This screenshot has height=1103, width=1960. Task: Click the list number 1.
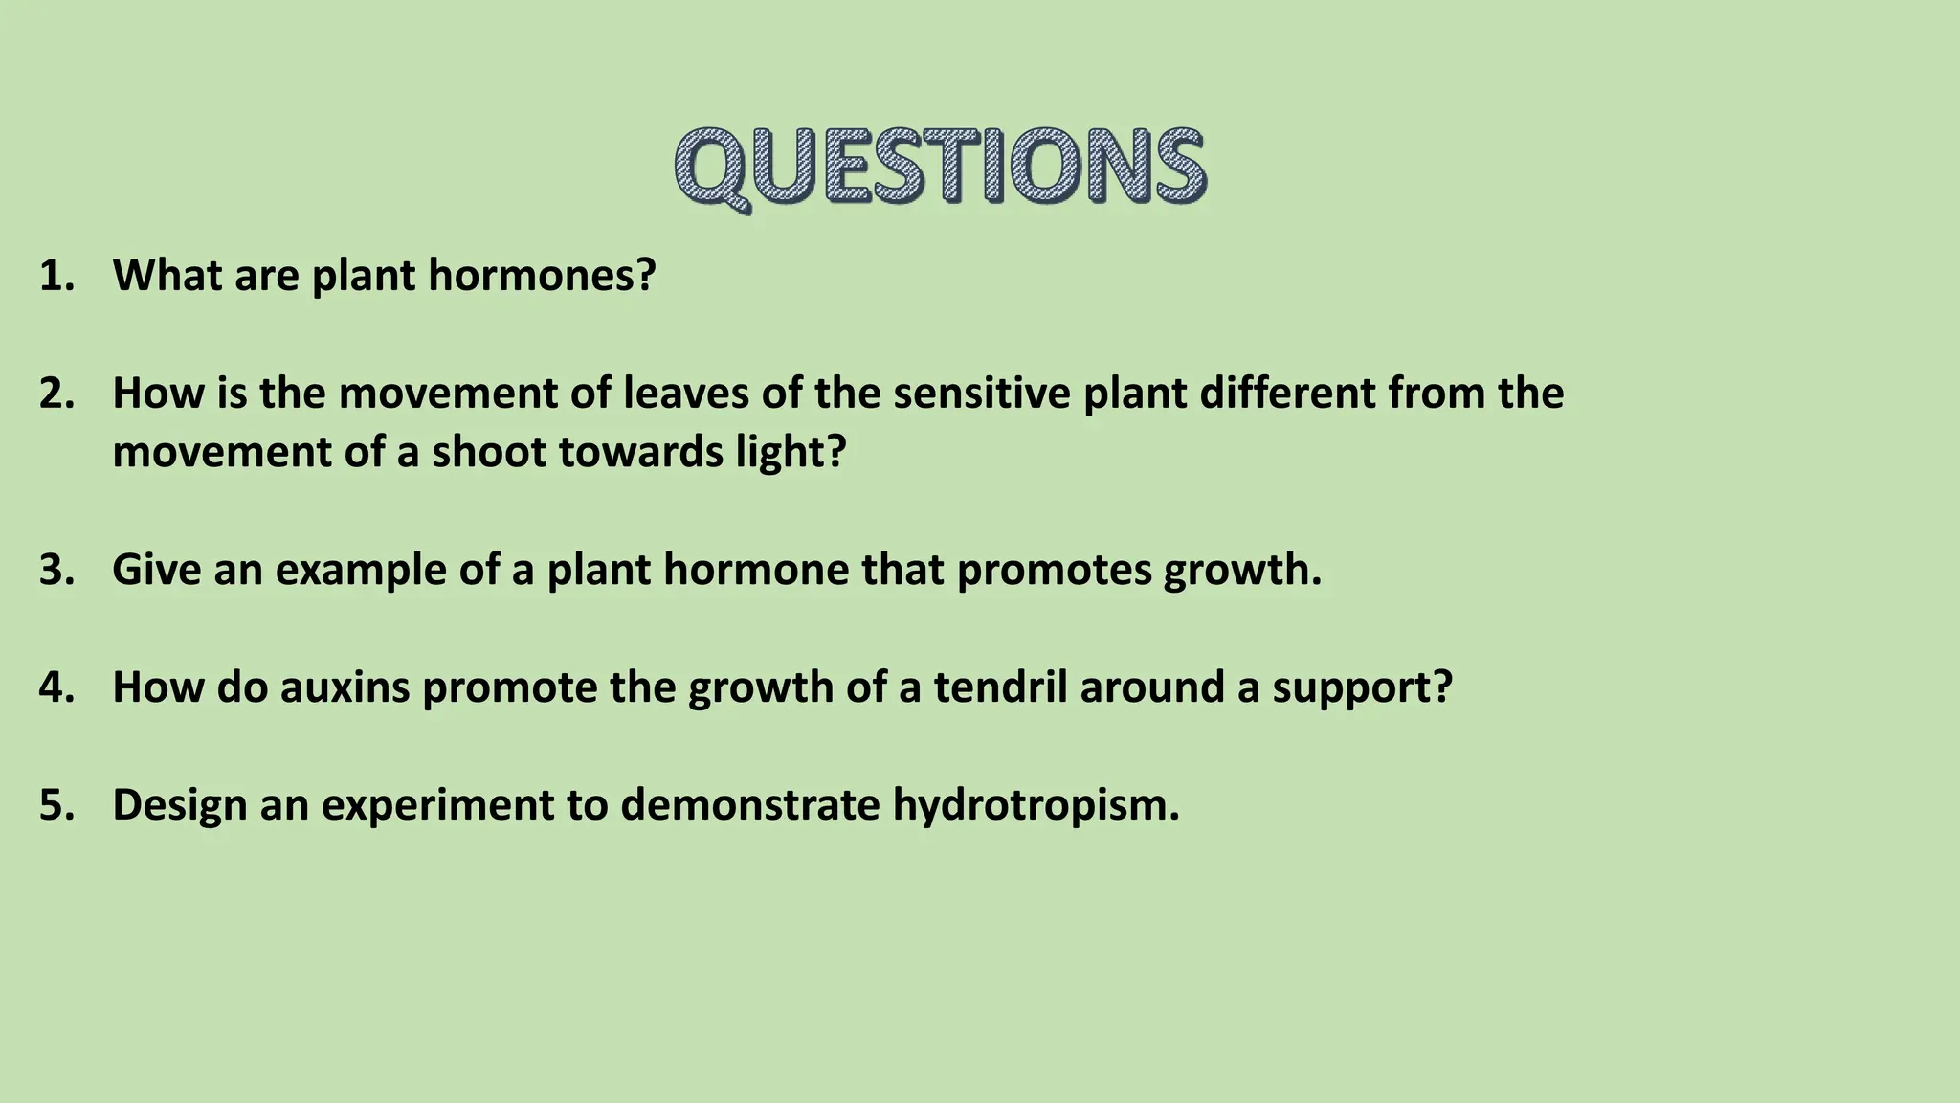[x=56, y=276]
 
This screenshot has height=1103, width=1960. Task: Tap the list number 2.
[x=56, y=394]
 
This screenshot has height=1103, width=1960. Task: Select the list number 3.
[x=56, y=570]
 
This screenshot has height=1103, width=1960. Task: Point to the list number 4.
[x=56, y=687]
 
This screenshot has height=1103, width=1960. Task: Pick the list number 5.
[x=56, y=805]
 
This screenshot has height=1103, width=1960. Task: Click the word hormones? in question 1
[x=542, y=276]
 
